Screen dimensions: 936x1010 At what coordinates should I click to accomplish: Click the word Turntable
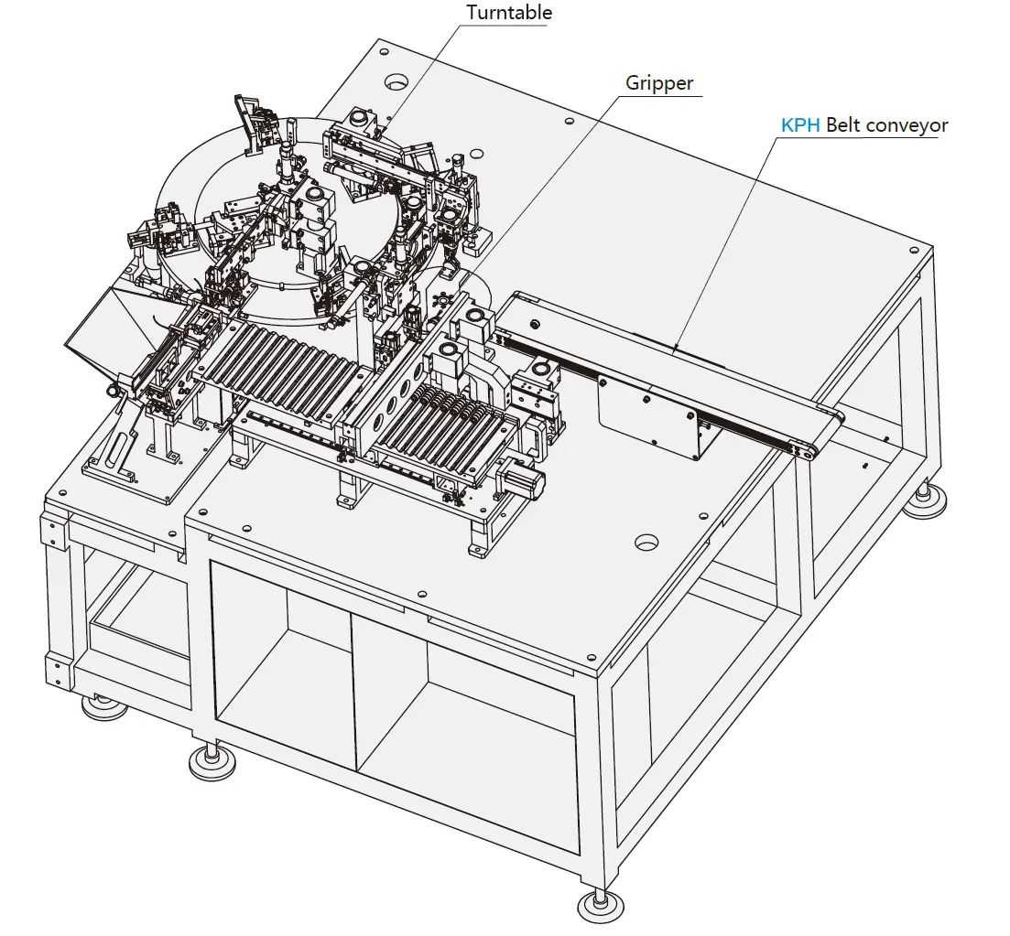(x=509, y=13)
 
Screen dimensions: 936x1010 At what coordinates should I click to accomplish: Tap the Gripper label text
(x=659, y=83)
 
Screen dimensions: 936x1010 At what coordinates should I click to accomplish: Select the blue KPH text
(x=799, y=125)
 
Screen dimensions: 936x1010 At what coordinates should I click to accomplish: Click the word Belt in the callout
(x=843, y=125)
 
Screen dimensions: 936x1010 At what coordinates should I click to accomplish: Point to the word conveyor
(x=907, y=125)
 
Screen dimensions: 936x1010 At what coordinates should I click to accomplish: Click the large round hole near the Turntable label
(x=396, y=82)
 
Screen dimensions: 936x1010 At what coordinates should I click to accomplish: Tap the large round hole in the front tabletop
(x=647, y=542)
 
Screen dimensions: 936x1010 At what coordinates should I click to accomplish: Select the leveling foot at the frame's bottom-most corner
(x=601, y=906)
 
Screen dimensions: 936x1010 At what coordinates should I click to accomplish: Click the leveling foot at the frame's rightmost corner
(x=929, y=498)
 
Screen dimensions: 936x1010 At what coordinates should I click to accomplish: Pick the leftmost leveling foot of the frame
(x=103, y=705)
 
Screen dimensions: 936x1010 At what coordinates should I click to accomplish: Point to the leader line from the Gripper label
(x=549, y=183)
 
